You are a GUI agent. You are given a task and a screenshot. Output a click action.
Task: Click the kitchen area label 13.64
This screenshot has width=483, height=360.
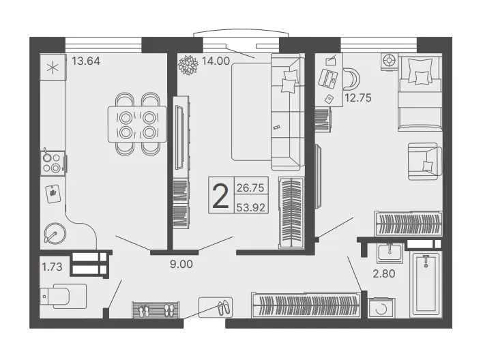(86, 61)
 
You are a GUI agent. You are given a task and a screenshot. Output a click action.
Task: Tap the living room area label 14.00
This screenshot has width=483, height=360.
(216, 61)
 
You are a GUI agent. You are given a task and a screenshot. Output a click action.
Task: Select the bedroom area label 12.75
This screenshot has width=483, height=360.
(358, 98)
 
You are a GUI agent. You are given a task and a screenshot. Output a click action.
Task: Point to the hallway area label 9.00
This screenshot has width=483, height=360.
(181, 264)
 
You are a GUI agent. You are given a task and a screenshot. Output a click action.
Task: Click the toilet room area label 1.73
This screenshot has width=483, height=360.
(52, 267)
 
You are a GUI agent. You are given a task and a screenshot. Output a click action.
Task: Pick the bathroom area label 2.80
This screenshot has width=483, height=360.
(384, 273)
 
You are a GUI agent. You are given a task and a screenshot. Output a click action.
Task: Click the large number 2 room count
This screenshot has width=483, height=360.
(221, 196)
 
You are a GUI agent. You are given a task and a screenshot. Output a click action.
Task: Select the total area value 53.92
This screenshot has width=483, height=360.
(251, 208)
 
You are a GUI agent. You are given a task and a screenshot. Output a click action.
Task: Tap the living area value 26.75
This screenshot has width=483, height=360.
(250, 188)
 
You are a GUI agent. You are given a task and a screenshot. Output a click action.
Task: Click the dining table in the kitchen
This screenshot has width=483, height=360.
(137, 124)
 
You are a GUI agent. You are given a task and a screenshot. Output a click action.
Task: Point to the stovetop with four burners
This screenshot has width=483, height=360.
(53, 163)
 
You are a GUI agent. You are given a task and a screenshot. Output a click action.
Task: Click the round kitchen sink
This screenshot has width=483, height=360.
(55, 233)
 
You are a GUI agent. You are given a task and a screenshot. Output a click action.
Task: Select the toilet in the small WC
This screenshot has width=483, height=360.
(63, 296)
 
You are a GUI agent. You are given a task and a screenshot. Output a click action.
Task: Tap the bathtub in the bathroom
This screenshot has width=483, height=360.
(426, 284)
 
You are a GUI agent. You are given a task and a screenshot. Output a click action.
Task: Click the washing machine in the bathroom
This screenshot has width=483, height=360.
(381, 307)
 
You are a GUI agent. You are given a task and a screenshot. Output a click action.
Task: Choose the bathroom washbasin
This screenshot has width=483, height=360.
(390, 253)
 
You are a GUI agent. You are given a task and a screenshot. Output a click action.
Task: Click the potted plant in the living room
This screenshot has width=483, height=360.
(188, 65)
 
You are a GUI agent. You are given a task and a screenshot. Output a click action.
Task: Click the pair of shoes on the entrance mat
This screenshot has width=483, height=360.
(224, 307)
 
